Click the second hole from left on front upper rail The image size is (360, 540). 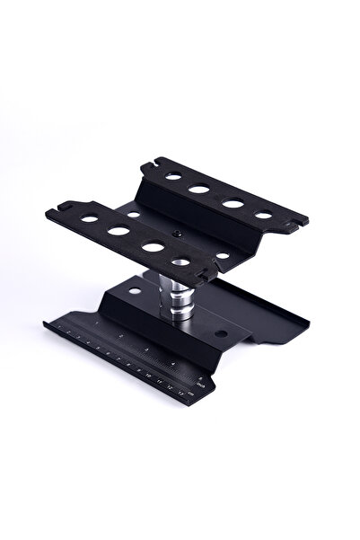[x=119, y=230]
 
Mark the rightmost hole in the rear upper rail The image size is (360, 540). [x=263, y=215]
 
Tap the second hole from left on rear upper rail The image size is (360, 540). [x=199, y=190]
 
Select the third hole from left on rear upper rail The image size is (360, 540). [x=233, y=203]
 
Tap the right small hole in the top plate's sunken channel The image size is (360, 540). [x=223, y=255]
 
